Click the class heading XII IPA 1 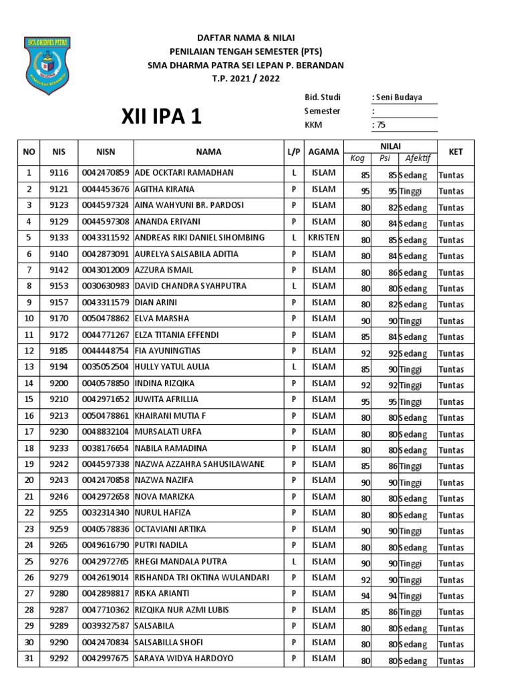tap(161, 117)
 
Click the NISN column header tap(106, 152)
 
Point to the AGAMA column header tap(323, 152)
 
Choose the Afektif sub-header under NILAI tap(417, 158)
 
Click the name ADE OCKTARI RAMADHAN tap(184, 173)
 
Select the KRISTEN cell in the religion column tap(323, 238)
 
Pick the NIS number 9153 tap(59, 287)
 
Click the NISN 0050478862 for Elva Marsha tap(106, 319)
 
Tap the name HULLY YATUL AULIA tap(172, 367)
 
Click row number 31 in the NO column tap(29, 659)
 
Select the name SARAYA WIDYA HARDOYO tap(184, 659)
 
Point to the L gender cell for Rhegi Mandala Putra tap(293, 562)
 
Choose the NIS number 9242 tap(59, 464)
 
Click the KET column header tap(455, 152)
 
